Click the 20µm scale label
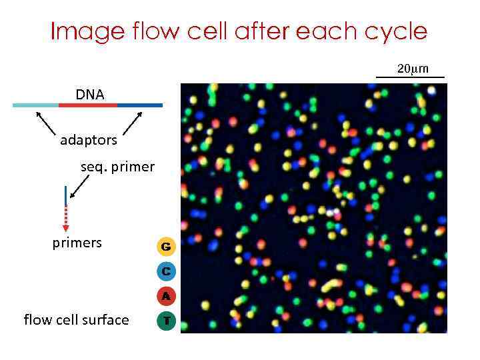click(x=413, y=69)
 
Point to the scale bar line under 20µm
click(x=410, y=78)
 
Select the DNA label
click(x=89, y=95)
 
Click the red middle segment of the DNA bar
click(x=87, y=105)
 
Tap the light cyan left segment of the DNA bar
click(x=35, y=105)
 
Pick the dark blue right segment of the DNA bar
click(x=139, y=105)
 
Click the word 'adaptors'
click(x=89, y=140)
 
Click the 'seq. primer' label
click(x=117, y=167)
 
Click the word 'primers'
click(x=77, y=243)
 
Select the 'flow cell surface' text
click(x=76, y=320)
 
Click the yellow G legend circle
click(x=166, y=247)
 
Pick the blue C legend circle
click(x=166, y=271)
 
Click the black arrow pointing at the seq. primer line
click(x=79, y=189)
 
